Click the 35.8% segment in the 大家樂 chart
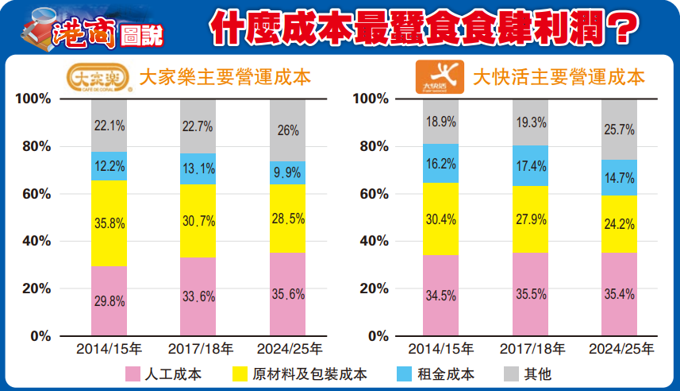(x=109, y=223)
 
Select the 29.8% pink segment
(x=109, y=300)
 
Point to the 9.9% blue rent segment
(x=287, y=172)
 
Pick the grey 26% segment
(x=287, y=130)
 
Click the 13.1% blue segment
(x=198, y=168)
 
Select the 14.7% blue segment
(x=619, y=177)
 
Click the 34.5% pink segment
(x=441, y=296)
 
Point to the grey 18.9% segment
(x=441, y=122)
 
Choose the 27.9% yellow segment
(x=530, y=219)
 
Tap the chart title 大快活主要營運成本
(x=559, y=77)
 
